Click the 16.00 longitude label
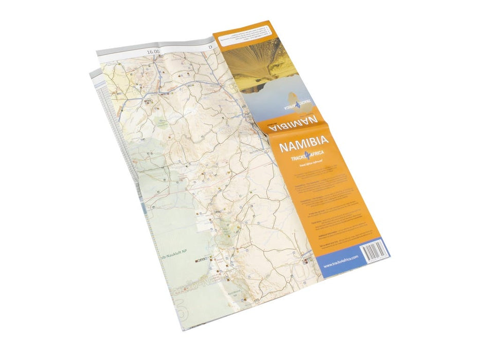pos(153,52)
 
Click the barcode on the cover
pos(373,252)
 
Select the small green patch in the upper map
pos(164,123)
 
